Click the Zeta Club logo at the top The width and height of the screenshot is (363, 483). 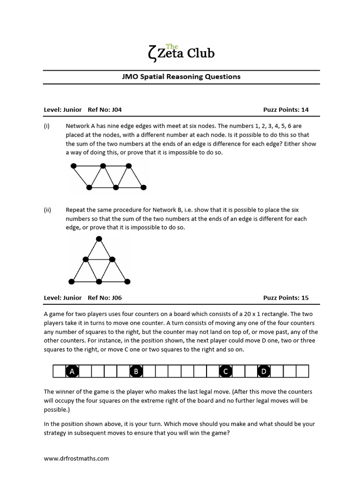(x=181, y=51)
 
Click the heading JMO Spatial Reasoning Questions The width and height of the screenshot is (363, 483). (x=181, y=76)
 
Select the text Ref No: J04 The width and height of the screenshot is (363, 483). (x=104, y=110)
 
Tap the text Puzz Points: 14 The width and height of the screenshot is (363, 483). (x=285, y=110)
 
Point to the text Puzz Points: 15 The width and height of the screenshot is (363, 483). (x=285, y=298)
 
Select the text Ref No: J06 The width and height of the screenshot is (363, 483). (x=104, y=298)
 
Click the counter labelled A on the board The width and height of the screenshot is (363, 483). (x=72, y=372)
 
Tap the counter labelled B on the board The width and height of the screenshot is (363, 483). (x=136, y=372)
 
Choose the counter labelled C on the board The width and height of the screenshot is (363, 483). (x=225, y=372)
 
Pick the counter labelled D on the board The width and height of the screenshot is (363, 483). (x=264, y=372)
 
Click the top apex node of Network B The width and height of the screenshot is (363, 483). (x=99, y=239)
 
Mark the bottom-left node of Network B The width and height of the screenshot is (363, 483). (x=71, y=282)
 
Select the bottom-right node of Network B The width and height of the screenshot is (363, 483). (x=126, y=282)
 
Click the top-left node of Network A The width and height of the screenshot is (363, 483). (x=73, y=166)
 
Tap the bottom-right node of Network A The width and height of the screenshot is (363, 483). (x=144, y=187)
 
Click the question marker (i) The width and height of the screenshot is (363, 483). (x=47, y=126)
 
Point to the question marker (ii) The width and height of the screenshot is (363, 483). (x=47, y=210)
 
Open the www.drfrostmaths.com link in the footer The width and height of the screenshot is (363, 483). (x=76, y=458)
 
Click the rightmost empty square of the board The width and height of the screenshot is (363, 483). (x=302, y=372)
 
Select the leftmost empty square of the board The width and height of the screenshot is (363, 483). (x=59, y=372)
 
